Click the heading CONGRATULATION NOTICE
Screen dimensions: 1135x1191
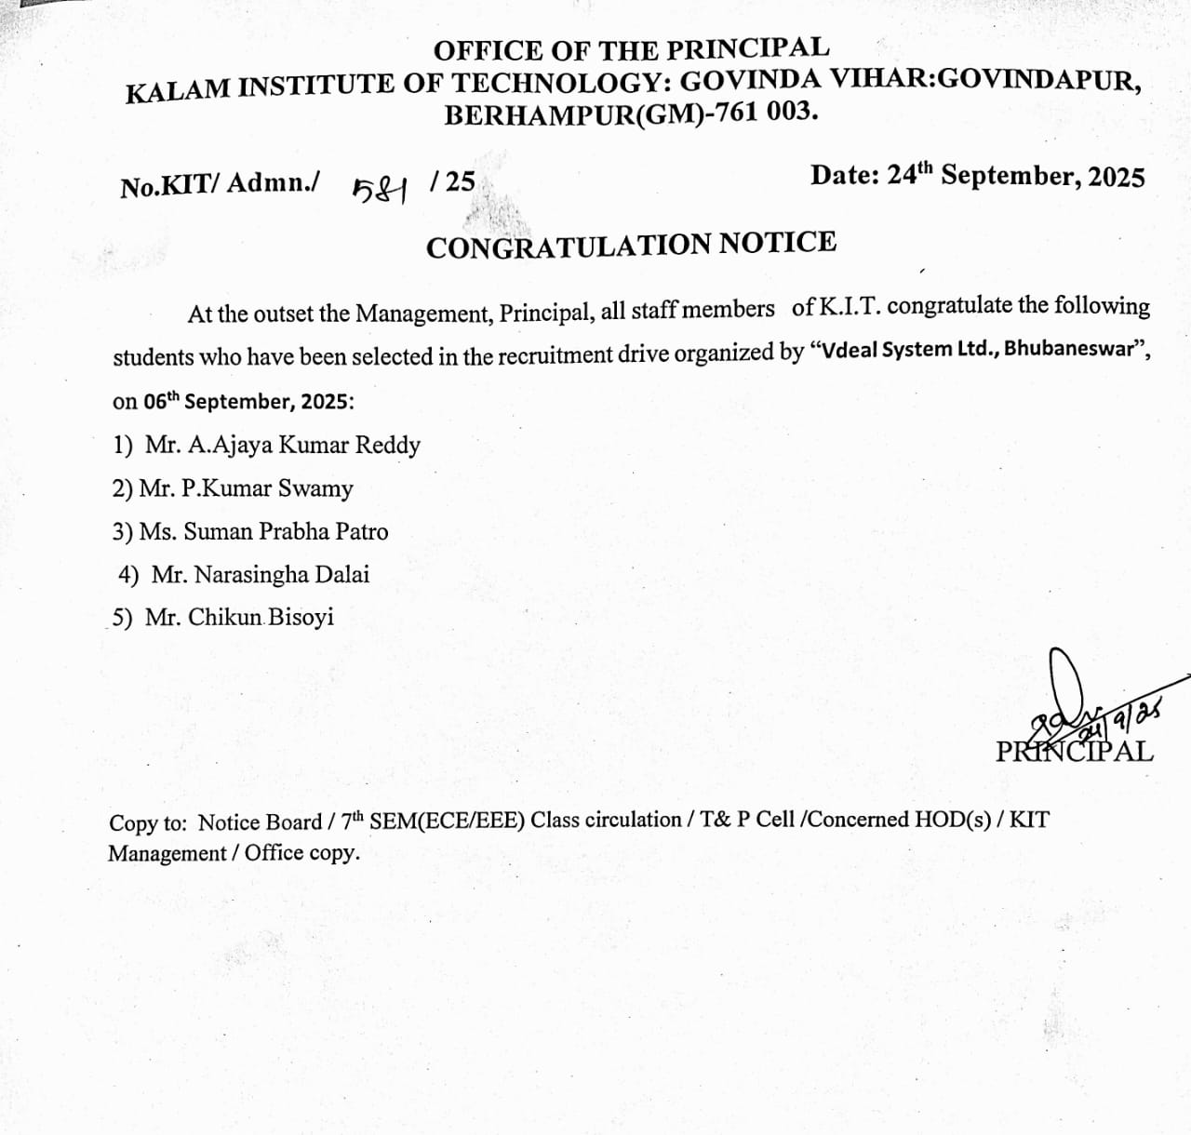pyautogui.click(x=631, y=245)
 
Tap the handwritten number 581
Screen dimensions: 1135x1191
pyautogui.click(x=381, y=190)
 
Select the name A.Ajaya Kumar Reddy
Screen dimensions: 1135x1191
pyautogui.click(x=304, y=446)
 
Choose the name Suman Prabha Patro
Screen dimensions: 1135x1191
pyautogui.click(x=286, y=532)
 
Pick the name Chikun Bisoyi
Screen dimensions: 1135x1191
pyautogui.click(x=261, y=618)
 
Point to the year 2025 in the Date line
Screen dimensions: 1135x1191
pyautogui.click(x=1116, y=177)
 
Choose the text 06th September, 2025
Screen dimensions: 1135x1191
pyautogui.click(x=248, y=402)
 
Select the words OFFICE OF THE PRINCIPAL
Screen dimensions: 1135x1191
pyautogui.click(x=631, y=48)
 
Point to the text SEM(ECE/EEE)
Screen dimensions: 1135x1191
pyautogui.click(x=448, y=821)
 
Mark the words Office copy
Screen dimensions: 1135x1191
pyautogui.click(x=301, y=853)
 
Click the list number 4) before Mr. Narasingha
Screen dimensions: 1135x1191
pyautogui.click(x=128, y=575)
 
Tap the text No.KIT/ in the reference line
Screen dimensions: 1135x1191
pyautogui.click(x=170, y=185)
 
